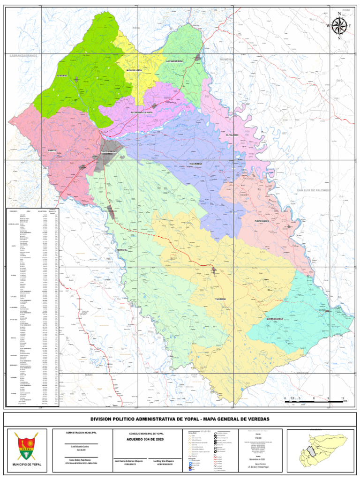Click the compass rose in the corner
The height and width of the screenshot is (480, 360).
pos(338,25)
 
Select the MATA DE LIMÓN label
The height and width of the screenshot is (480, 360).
pos(134,70)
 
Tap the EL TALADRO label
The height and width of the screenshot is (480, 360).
pos(232,135)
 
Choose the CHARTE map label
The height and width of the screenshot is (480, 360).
pos(52,150)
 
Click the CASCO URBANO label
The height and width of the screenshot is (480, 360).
pos(108,152)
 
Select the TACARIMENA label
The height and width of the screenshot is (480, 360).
pos(195,164)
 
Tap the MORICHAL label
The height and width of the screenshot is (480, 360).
pos(123,250)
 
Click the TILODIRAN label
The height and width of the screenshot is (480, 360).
pos(220,299)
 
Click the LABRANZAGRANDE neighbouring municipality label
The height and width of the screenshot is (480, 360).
pos(23,56)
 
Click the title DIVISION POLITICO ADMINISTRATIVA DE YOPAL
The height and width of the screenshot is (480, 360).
pos(180,419)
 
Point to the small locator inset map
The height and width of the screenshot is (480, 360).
pos(321,449)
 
